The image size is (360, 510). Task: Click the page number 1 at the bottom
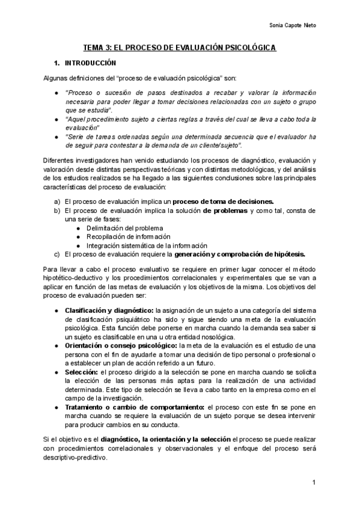coord(314,483)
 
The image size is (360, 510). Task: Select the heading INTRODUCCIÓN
coord(90,63)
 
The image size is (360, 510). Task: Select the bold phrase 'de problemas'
coord(225,210)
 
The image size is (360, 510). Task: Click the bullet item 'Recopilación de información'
coord(127,237)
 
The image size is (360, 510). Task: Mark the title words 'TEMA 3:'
coord(96,48)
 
